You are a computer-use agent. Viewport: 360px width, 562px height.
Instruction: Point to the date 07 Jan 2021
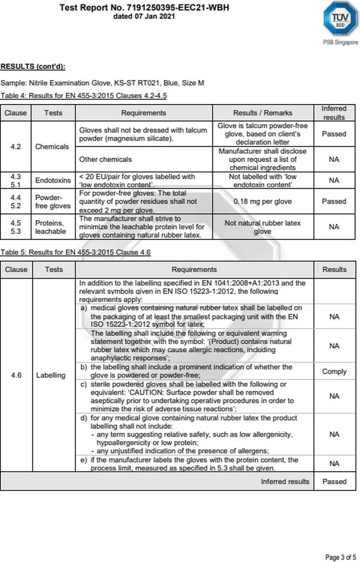(144, 16)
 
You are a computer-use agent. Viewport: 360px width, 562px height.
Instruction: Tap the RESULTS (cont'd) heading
(33, 66)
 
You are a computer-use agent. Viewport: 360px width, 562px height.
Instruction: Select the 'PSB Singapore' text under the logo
(340, 42)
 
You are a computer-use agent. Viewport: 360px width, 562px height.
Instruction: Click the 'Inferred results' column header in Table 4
(334, 113)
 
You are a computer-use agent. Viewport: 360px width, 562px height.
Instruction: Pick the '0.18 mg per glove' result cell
(262, 201)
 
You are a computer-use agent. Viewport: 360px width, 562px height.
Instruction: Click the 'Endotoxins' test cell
(53, 180)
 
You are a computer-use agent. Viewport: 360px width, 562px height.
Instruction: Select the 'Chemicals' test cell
(52, 147)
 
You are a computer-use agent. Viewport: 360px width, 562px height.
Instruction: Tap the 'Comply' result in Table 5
(334, 371)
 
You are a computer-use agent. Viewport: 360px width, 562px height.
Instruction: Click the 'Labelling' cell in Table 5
(51, 375)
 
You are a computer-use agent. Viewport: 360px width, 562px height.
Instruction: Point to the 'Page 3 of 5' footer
(341, 557)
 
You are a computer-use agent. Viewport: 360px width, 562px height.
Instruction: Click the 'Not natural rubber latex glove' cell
(262, 227)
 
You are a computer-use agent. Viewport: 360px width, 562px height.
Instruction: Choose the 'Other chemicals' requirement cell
(105, 159)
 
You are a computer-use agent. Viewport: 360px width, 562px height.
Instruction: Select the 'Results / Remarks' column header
(262, 113)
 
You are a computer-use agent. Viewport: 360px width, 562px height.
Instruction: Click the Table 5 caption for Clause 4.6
(75, 252)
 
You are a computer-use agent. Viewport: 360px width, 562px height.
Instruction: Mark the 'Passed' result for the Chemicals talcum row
(334, 134)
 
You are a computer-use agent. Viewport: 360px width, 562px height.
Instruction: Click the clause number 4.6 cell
(16, 375)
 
